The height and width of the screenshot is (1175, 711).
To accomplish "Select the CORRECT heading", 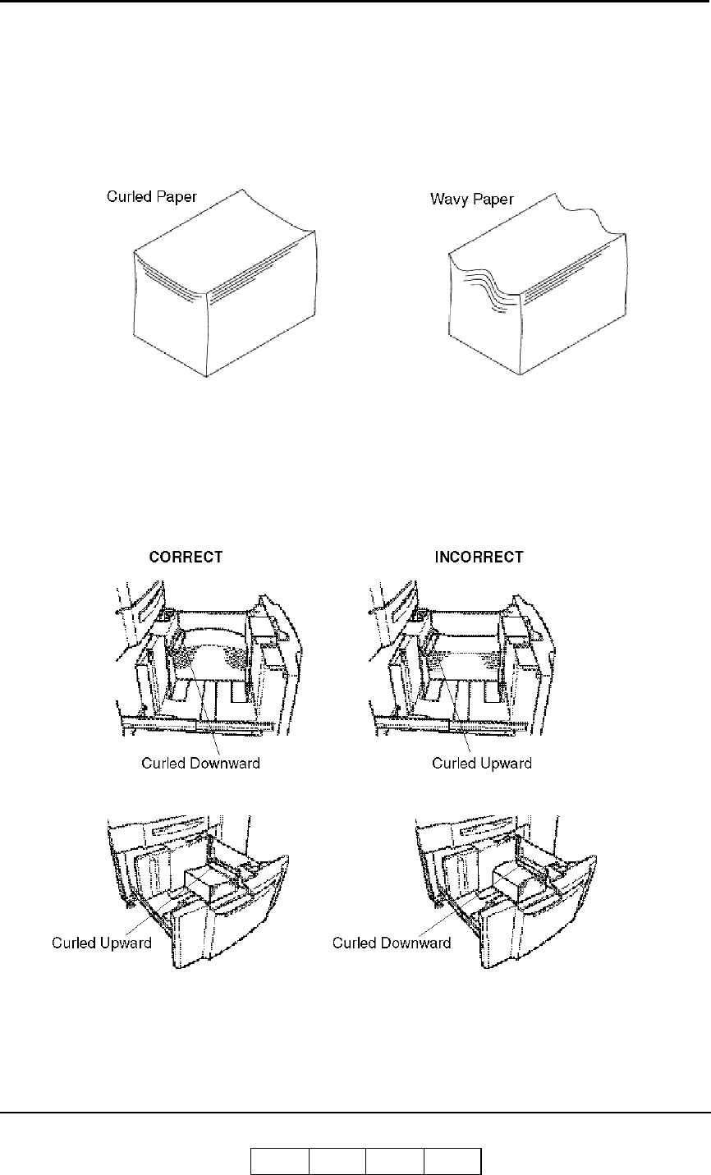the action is (185, 557).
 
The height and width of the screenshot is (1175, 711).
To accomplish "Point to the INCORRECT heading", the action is (479, 557).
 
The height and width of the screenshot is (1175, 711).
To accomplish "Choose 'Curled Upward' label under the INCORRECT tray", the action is (482, 763).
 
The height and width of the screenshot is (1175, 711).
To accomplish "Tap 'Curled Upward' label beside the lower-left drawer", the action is (102, 943).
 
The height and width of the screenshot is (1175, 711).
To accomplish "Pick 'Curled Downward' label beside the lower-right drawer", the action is (392, 943).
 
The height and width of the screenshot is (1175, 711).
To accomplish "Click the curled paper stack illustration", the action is (222, 296).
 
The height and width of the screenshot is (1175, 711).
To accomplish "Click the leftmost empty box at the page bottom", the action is (279, 1162).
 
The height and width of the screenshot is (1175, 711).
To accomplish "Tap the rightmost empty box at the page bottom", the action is (452, 1162).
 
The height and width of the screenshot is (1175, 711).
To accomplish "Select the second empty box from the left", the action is (337, 1162).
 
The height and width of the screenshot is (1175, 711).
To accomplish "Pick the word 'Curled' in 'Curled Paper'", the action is (126, 198).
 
